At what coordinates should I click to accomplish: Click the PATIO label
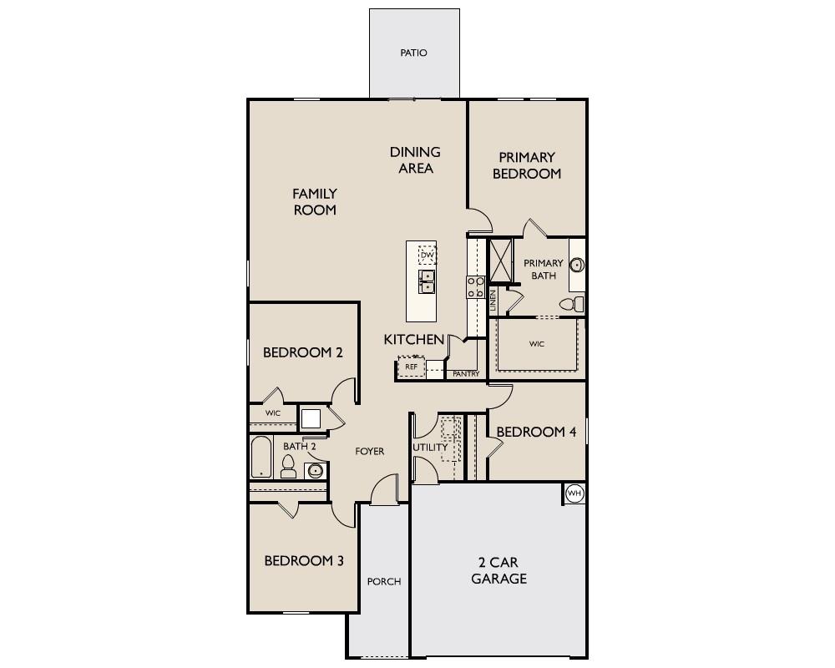[413, 53]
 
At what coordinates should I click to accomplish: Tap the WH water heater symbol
[574, 494]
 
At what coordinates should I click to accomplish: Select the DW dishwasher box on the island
[427, 255]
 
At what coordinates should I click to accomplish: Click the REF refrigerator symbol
[411, 367]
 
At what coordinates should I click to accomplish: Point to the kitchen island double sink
[427, 281]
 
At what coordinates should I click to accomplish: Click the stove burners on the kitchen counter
[475, 287]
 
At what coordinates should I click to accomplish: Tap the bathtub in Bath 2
[261, 457]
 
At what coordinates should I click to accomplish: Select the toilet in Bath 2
[289, 466]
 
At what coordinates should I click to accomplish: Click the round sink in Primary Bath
[577, 266]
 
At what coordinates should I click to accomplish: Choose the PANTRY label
[466, 374]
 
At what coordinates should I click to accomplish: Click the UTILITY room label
[431, 447]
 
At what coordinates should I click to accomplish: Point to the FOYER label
[370, 451]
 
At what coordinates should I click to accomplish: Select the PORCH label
[384, 581]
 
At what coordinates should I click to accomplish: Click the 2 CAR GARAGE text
[498, 570]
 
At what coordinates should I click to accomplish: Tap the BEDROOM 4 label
[537, 432]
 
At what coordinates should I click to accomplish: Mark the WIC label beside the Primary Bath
[537, 343]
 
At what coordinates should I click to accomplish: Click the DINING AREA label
[415, 159]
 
